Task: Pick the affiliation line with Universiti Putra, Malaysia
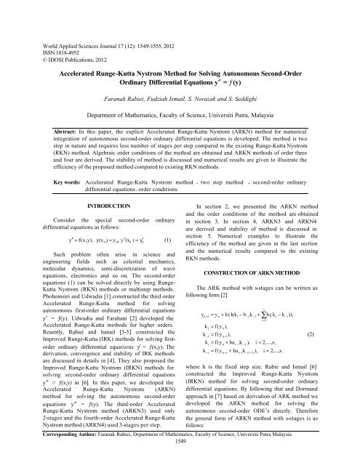coord(179,115)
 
